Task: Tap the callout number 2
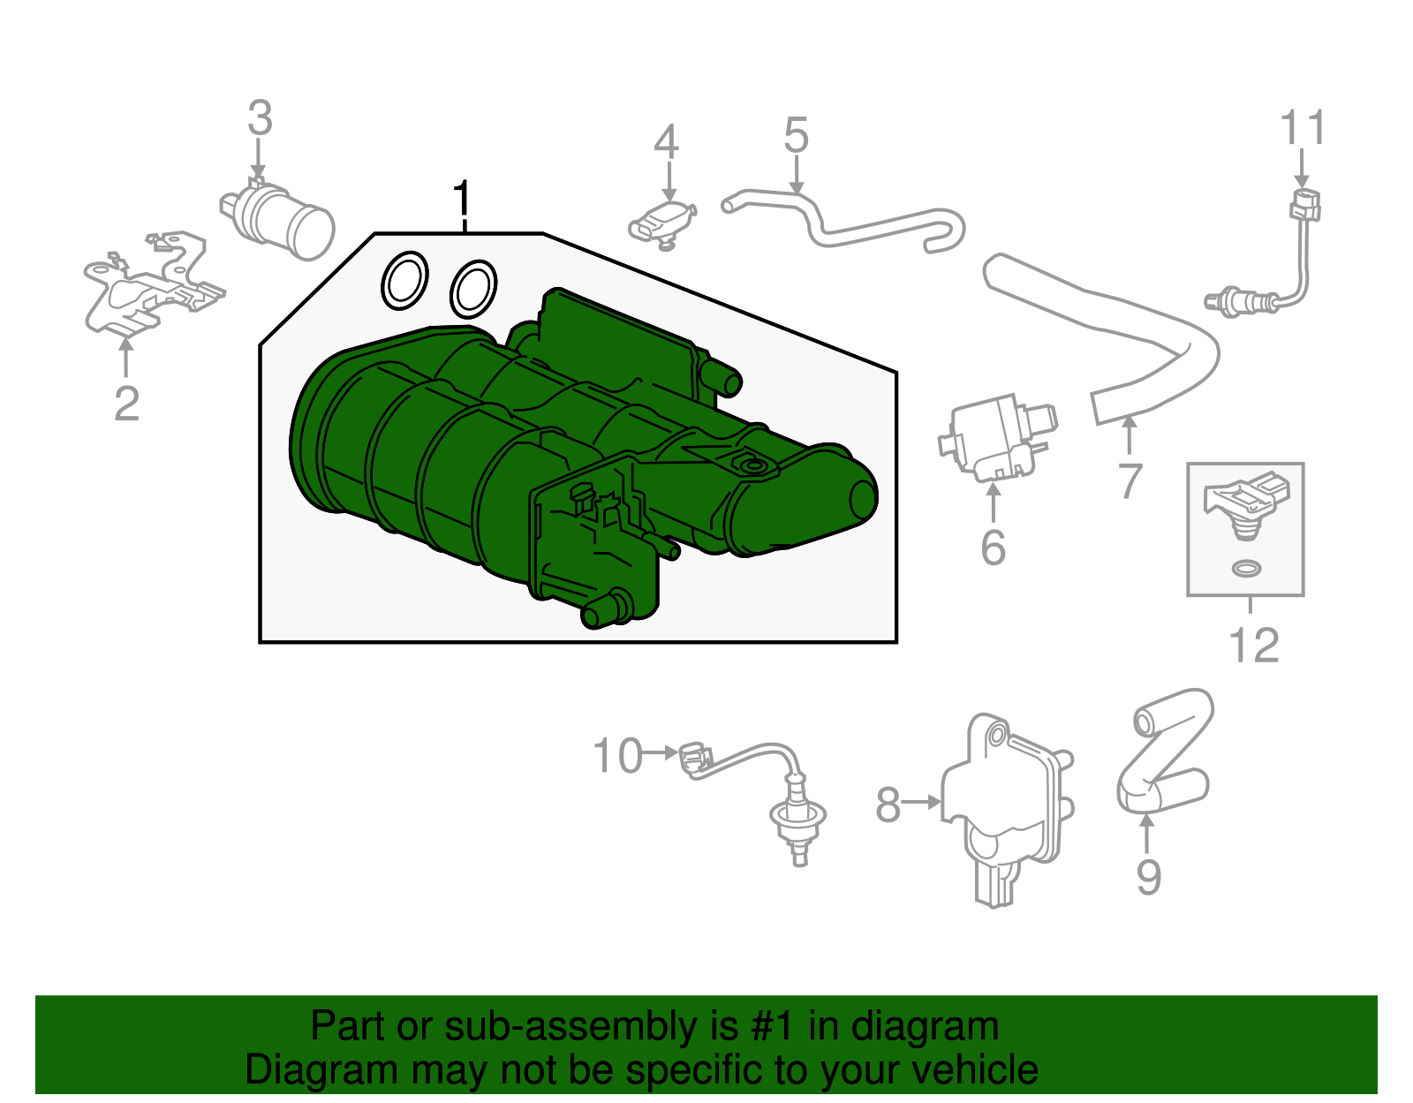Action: [x=127, y=404]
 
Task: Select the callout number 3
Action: [x=261, y=117]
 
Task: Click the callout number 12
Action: [x=1254, y=646]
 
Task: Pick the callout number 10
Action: [x=617, y=755]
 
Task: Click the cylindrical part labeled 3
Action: [x=277, y=218]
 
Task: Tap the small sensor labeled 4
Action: [x=663, y=225]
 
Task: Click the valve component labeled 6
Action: [x=996, y=440]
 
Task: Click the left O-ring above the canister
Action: [x=404, y=280]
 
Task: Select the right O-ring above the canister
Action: [x=473, y=290]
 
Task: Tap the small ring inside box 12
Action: [x=1246, y=569]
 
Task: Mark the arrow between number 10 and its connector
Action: [x=660, y=753]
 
